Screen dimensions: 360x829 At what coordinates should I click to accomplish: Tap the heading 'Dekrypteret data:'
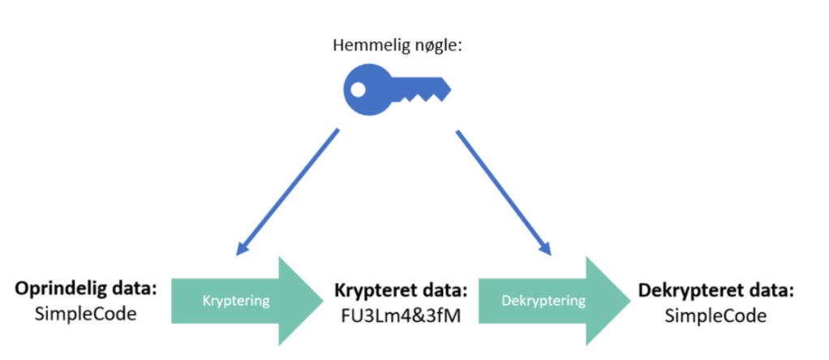point(715,289)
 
